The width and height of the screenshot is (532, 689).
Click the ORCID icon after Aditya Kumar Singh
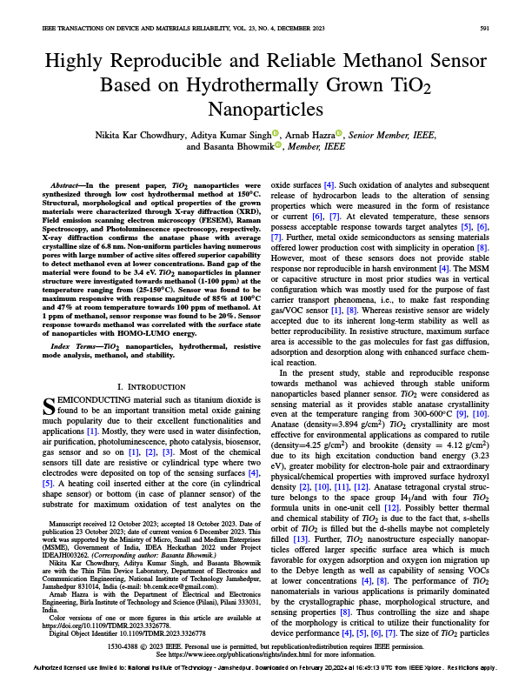tap(276, 134)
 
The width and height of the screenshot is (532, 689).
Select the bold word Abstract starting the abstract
tap(66, 186)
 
